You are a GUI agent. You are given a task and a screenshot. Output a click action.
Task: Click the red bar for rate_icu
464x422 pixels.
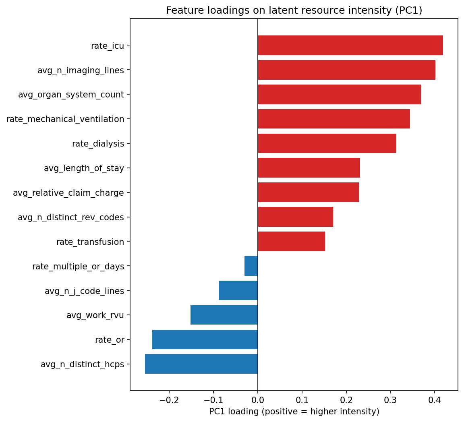pyautogui.click(x=350, y=46)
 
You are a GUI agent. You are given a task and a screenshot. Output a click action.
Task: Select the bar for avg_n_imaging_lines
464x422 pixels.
pyautogui.click(x=346, y=70)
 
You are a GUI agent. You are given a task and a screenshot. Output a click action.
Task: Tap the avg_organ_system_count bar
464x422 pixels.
pyautogui.click(x=339, y=95)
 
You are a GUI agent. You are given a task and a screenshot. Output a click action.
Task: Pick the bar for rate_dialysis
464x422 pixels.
pyautogui.click(x=327, y=143)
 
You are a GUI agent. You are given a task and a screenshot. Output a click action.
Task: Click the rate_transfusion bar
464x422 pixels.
pyautogui.click(x=291, y=242)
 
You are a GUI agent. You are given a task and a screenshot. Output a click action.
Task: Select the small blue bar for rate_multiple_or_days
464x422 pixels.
pyautogui.click(x=251, y=266)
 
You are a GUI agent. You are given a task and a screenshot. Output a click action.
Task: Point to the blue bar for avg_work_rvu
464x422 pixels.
pyautogui.click(x=224, y=315)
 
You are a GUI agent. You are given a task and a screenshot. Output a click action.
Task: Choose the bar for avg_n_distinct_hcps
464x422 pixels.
pyautogui.click(x=201, y=364)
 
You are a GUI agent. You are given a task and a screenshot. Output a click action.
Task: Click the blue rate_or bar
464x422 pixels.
pyautogui.click(x=205, y=339)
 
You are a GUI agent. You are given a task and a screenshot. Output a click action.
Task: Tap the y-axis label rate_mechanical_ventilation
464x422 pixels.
pyautogui.click(x=65, y=119)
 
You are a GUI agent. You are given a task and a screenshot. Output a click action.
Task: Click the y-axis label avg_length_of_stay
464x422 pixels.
pyautogui.click(x=84, y=168)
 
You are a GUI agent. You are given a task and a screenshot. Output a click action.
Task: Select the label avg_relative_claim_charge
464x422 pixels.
pyautogui.click(x=68, y=193)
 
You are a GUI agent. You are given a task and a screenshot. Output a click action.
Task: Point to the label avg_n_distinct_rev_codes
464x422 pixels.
pyautogui.click(x=71, y=217)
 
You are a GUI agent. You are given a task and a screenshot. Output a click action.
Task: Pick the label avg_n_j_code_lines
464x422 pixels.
pyautogui.click(x=84, y=291)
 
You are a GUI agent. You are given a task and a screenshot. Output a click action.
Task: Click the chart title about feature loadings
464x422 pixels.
pyautogui.click(x=294, y=10)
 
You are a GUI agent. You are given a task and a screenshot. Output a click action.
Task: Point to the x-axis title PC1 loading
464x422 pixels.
pyautogui.click(x=294, y=412)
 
